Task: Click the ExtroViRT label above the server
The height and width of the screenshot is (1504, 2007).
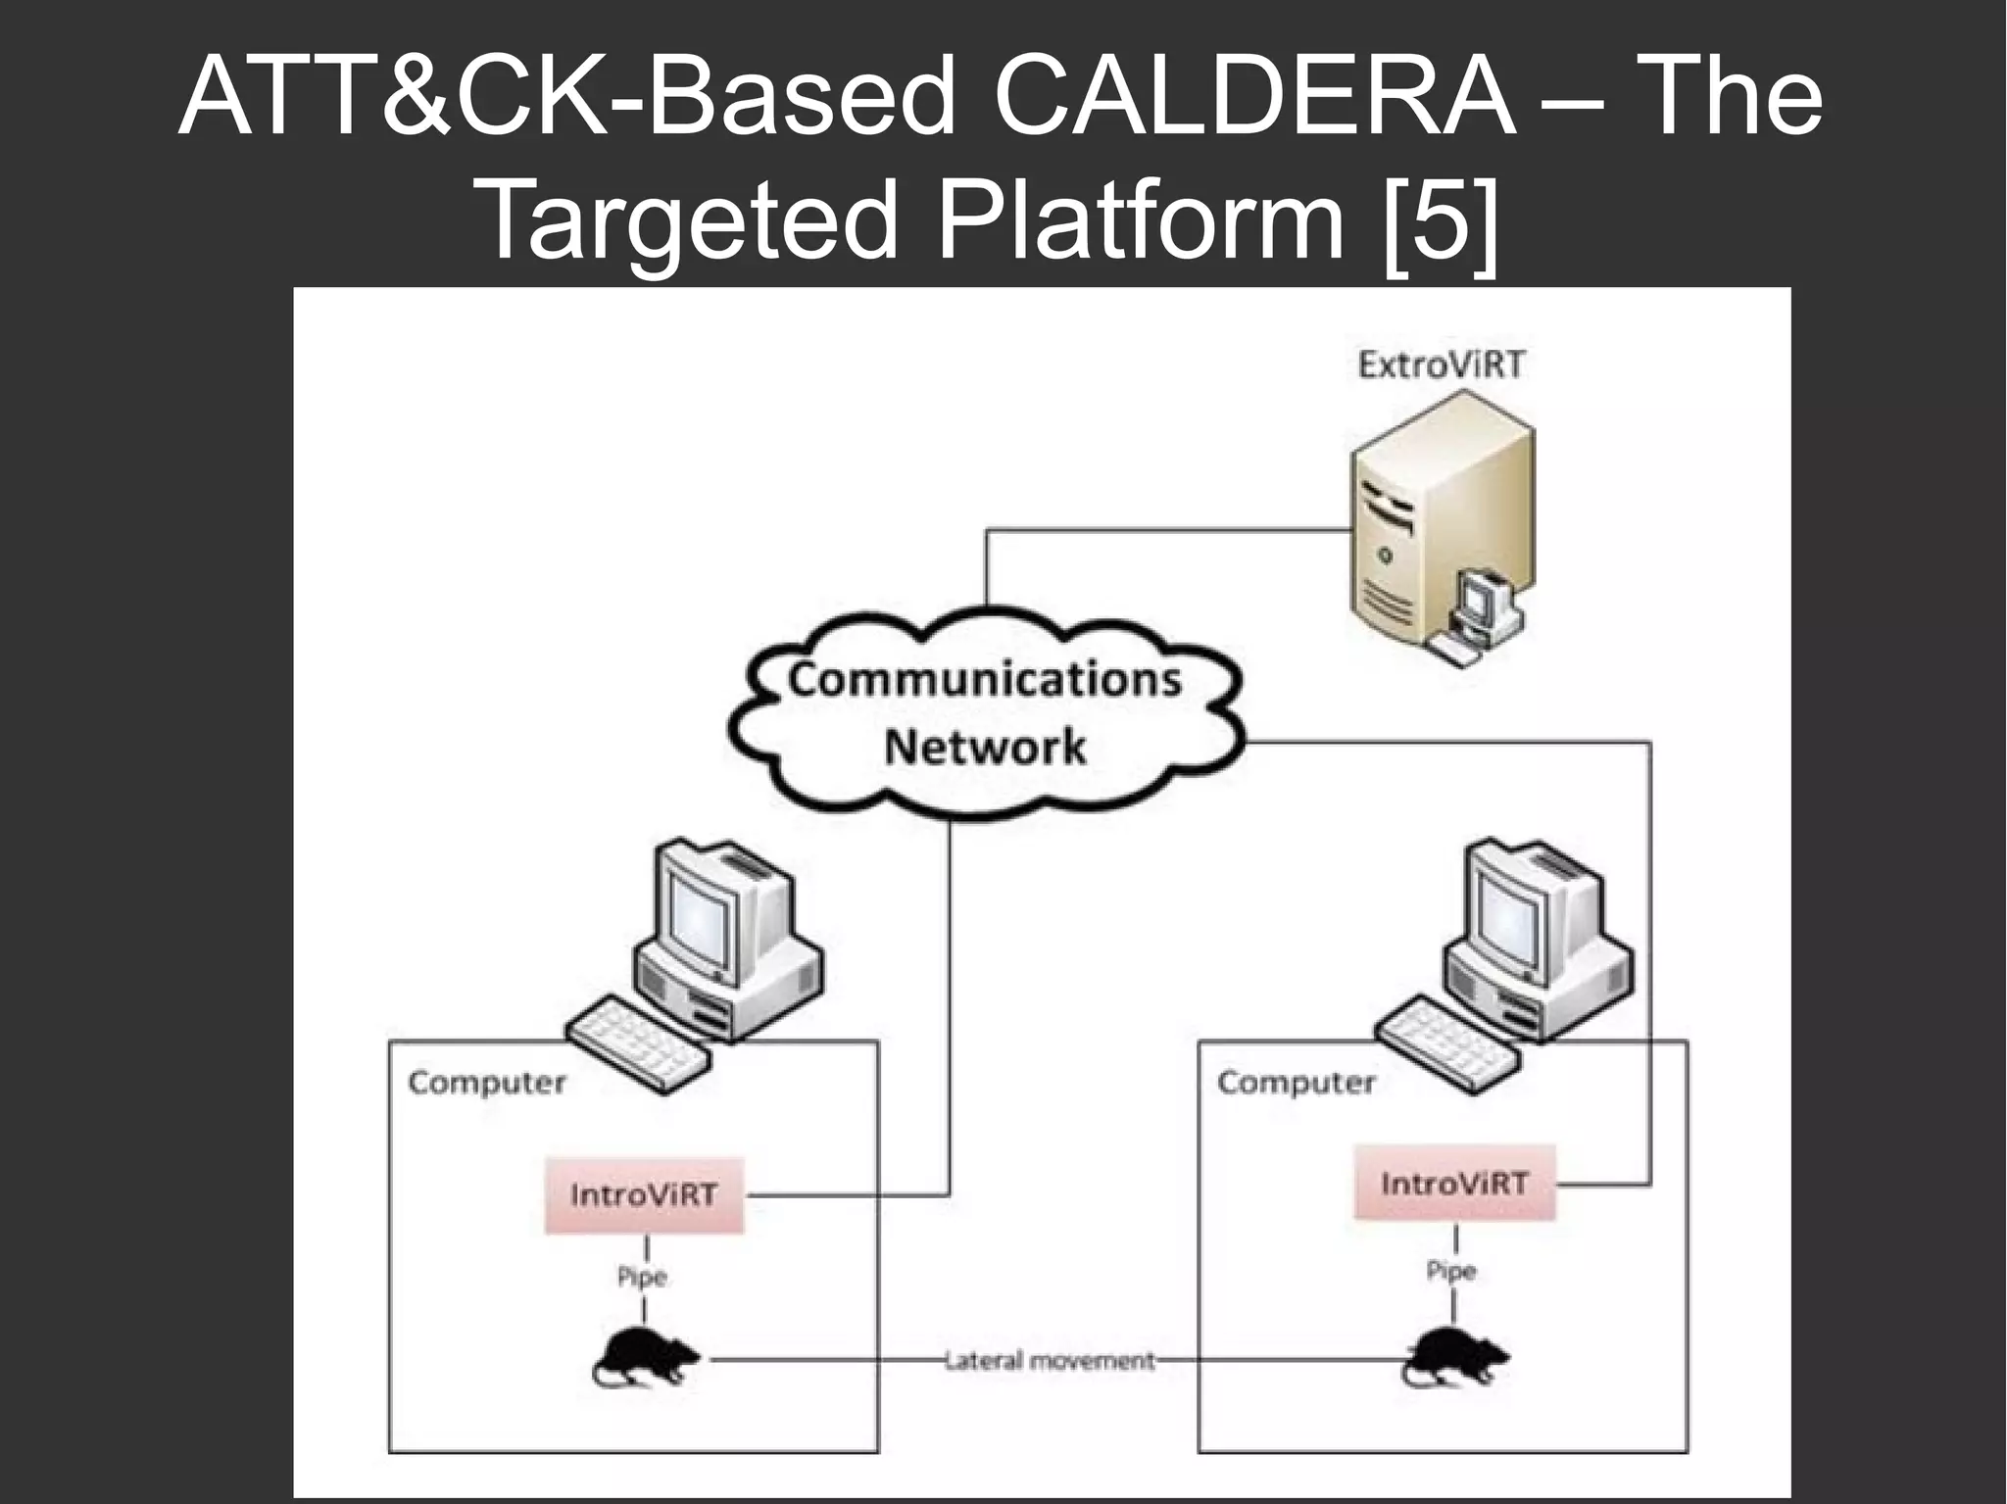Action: pyautogui.click(x=1441, y=365)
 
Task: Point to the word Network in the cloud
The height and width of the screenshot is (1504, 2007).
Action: pyautogui.click(x=984, y=748)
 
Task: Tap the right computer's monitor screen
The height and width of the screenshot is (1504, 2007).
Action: pyautogui.click(x=1509, y=911)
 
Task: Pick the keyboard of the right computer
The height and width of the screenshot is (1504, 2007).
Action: pyautogui.click(x=1447, y=1043)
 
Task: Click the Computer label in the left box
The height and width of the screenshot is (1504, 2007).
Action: pyautogui.click(x=487, y=1083)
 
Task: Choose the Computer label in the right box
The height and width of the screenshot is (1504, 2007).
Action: pyautogui.click(x=1296, y=1083)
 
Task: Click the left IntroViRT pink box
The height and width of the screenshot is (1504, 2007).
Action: pyautogui.click(x=644, y=1195)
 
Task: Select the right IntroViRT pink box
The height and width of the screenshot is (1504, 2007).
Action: pyautogui.click(x=1453, y=1184)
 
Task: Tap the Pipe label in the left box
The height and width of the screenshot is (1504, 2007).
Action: pyautogui.click(x=642, y=1277)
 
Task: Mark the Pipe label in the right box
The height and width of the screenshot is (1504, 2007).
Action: pyautogui.click(x=1451, y=1271)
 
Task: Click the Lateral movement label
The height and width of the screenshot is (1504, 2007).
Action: pyautogui.click(x=1050, y=1361)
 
